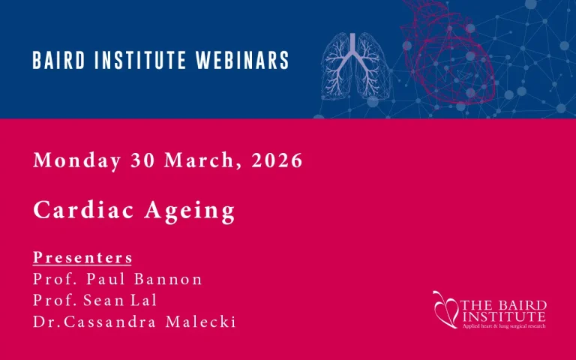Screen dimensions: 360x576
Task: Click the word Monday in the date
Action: point(77,161)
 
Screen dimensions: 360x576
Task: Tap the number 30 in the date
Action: point(143,161)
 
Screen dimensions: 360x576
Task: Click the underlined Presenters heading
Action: point(82,258)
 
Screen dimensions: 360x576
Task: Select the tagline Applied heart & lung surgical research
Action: point(503,325)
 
